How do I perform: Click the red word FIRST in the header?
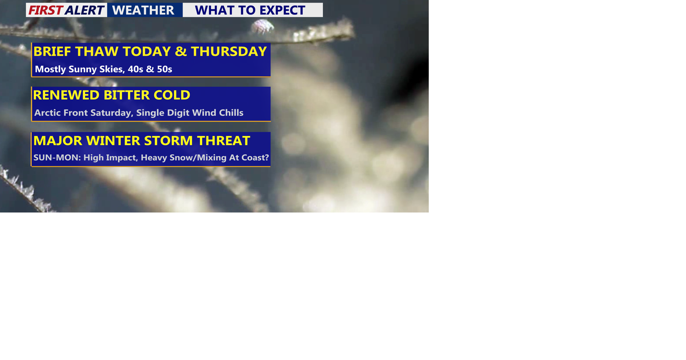45,10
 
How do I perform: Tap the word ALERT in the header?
84,10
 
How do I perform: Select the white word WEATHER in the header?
143,10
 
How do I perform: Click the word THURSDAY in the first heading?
229,52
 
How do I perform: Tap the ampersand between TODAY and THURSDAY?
181,52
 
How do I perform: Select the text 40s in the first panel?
135,69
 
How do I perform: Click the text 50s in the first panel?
164,69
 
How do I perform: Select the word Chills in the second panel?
231,113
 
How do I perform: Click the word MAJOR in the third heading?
58,141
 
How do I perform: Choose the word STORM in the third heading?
170,141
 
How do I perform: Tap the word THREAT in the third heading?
223,141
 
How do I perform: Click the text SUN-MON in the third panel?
57,158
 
